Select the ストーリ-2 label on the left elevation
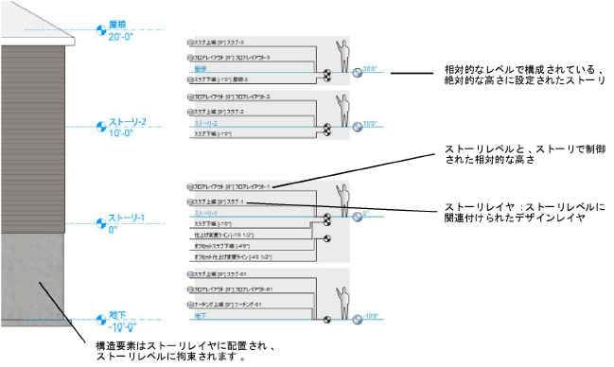130,122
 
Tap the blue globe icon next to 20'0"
358,71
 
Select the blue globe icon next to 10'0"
358,125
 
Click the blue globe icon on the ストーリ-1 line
358,216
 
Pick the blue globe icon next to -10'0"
358,319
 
